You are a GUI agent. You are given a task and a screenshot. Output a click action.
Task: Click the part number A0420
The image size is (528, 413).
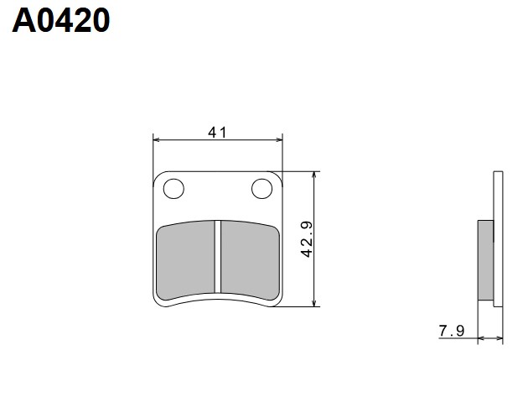(x=60, y=20)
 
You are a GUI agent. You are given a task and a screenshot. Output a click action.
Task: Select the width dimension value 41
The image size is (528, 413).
(x=218, y=132)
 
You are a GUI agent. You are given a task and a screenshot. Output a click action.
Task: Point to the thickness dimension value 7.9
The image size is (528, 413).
(x=450, y=330)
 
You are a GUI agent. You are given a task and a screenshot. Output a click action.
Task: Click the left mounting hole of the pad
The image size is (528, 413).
(x=173, y=190)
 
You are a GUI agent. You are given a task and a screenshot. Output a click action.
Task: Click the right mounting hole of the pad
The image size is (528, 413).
(x=263, y=190)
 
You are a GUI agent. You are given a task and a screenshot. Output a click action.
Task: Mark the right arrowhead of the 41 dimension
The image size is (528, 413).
(x=279, y=139)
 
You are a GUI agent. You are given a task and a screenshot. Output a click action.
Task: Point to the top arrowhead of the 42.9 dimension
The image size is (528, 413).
(x=314, y=175)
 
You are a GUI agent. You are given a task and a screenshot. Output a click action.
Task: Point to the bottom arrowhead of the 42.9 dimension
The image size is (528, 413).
(x=314, y=303)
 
